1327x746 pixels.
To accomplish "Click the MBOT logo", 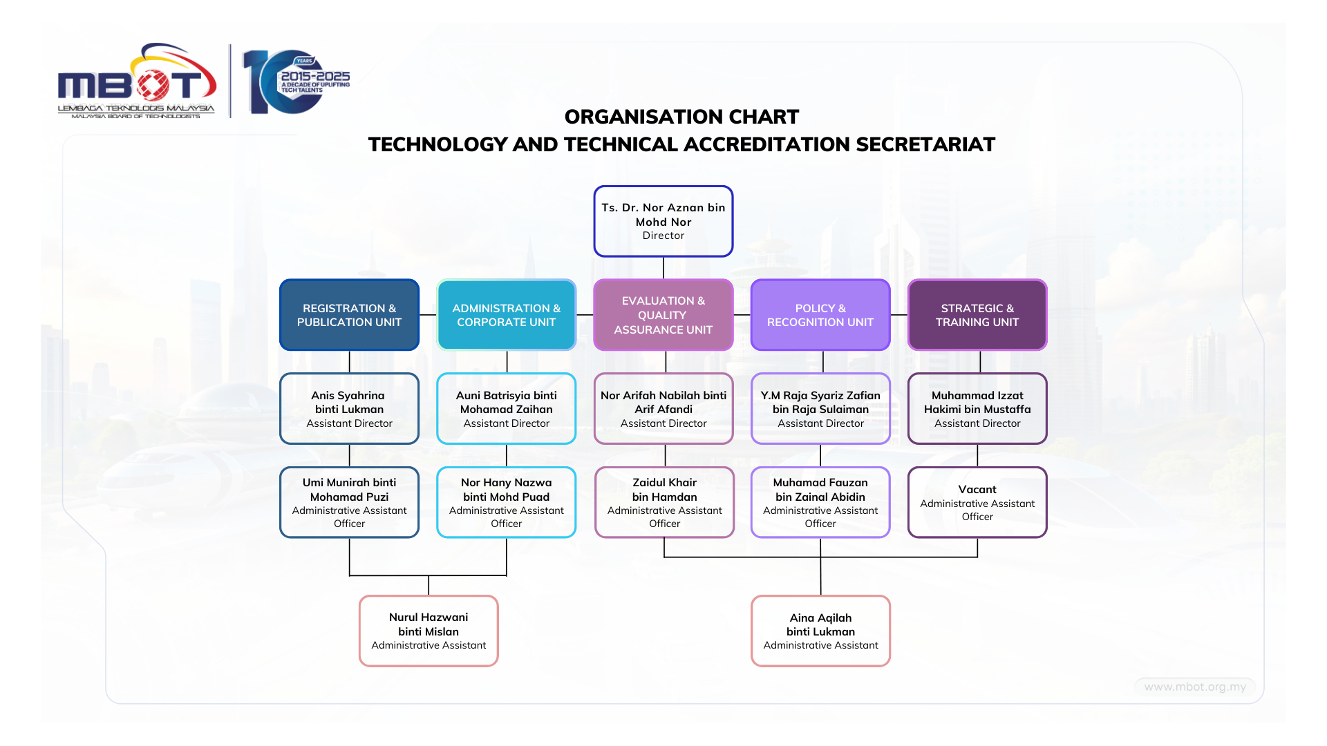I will pyautogui.click(x=137, y=82).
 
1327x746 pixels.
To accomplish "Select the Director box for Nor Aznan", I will pyautogui.click(x=663, y=221).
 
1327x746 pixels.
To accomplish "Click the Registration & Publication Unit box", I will pyautogui.click(x=349, y=315).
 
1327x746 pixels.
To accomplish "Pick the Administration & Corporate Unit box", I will pyautogui.click(x=506, y=315).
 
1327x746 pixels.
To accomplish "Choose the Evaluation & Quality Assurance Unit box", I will pyautogui.click(x=663, y=315).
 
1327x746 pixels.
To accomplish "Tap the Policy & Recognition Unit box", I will pyautogui.click(x=820, y=315).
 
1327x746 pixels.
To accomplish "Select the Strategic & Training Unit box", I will pyautogui.click(x=977, y=315).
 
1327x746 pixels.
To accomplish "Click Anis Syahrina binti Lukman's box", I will pyautogui.click(x=349, y=409).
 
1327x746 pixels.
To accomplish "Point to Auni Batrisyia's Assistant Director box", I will pyautogui.click(x=506, y=409).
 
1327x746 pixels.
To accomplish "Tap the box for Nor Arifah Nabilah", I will pyautogui.click(x=663, y=409).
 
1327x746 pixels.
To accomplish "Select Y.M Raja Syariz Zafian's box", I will pyautogui.click(x=820, y=409).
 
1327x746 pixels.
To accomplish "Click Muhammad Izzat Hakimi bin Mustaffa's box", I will pyautogui.click(x=977, y=409).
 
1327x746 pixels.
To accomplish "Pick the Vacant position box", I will pyautogui.click(x=977, y=502).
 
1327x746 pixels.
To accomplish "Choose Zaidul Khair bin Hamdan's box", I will pyautogui.click(x=664, y=502).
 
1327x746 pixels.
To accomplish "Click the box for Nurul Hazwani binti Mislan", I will pyautogui.click(x=429, y=631).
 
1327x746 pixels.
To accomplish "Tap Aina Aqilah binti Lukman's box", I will pyautogui.click(x=820, y=631).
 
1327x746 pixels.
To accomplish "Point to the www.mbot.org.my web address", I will pyautogui.click(x=1194, y=687).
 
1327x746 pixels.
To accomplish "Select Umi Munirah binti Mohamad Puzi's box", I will pyautogui.click(x=349, y=502).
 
